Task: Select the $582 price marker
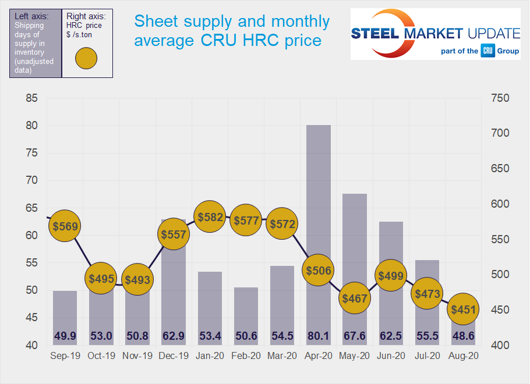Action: click(x=210, y=217)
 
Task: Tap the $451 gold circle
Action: click(x=464, y=310)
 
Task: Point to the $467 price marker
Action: click(x=355, y=298)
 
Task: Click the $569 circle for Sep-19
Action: click(x=65, y=226)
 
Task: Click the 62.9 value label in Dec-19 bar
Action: click(x=173, y=336)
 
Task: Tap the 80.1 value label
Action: click(x=319, y=336)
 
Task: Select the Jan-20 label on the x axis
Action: click(x=210, y=356)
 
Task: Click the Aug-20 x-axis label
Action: click(x=464, y=356)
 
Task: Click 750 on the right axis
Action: click(x=499, y=98)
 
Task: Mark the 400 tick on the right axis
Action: click(x=499, y=346)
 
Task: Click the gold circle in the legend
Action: click(x=86, y=59)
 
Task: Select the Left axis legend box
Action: click(x=35, y=43)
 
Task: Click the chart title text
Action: click(x=232, y=31)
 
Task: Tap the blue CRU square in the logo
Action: click(x=488, y=51)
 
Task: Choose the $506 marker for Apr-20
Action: click(x=319, y=270)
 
